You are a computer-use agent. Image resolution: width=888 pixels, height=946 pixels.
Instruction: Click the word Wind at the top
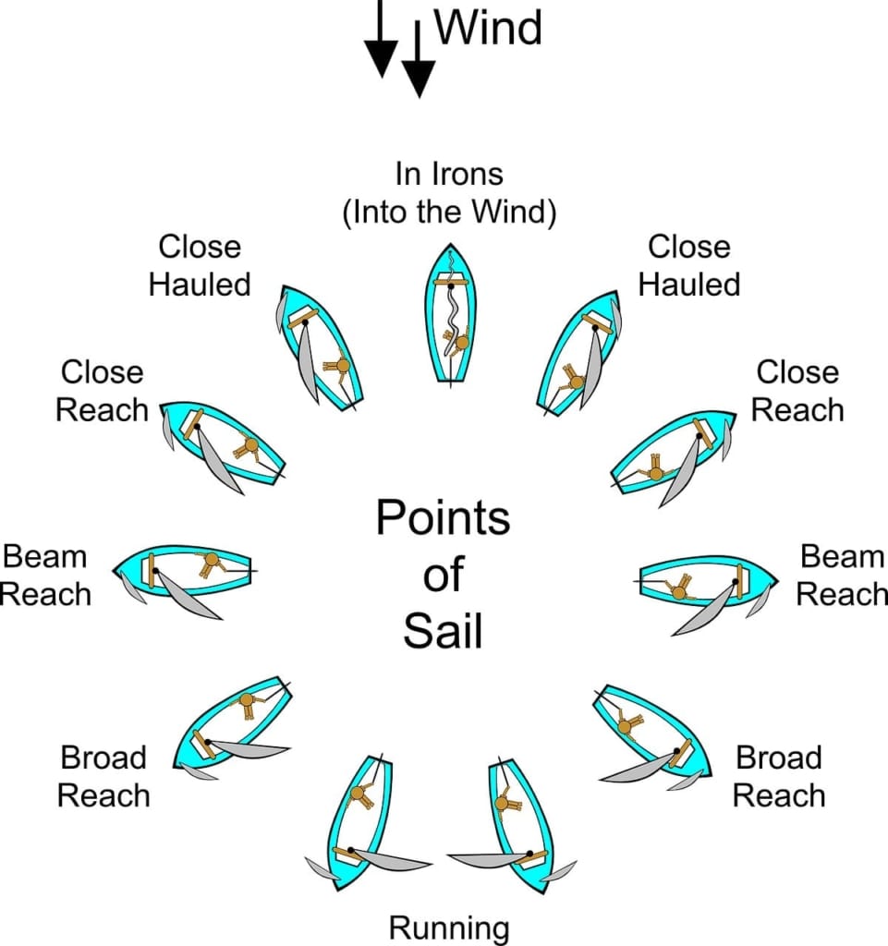[488, 28]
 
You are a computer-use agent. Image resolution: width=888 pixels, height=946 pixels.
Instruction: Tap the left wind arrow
[381, 42]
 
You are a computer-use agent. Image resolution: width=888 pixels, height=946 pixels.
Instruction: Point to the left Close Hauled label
[200, 265]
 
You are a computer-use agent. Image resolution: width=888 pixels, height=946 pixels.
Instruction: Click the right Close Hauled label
[689, 265]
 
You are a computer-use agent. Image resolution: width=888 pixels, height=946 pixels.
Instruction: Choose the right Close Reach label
[797, 391]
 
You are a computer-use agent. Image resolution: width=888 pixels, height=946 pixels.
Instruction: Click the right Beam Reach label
[842, 576]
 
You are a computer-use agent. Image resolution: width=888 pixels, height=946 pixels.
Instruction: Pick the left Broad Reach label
[103, 776]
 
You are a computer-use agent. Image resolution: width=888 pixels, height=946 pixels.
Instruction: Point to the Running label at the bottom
[449, 927]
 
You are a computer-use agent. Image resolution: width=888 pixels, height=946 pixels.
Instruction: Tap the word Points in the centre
[443, 518]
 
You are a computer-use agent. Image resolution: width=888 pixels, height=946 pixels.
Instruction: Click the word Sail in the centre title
[443, 633]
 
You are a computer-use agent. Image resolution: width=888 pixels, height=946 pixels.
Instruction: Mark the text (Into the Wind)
[449, 212]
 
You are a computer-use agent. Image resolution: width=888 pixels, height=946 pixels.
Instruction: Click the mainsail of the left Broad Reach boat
[249, 749]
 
